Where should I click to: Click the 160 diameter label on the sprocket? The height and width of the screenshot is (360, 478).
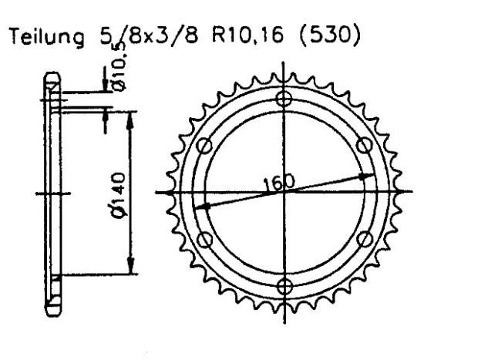click(x=278, y=183)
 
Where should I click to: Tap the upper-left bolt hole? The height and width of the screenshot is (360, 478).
click(x=204, y=145)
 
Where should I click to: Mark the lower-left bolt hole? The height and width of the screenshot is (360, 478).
click(x=204, y=240)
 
